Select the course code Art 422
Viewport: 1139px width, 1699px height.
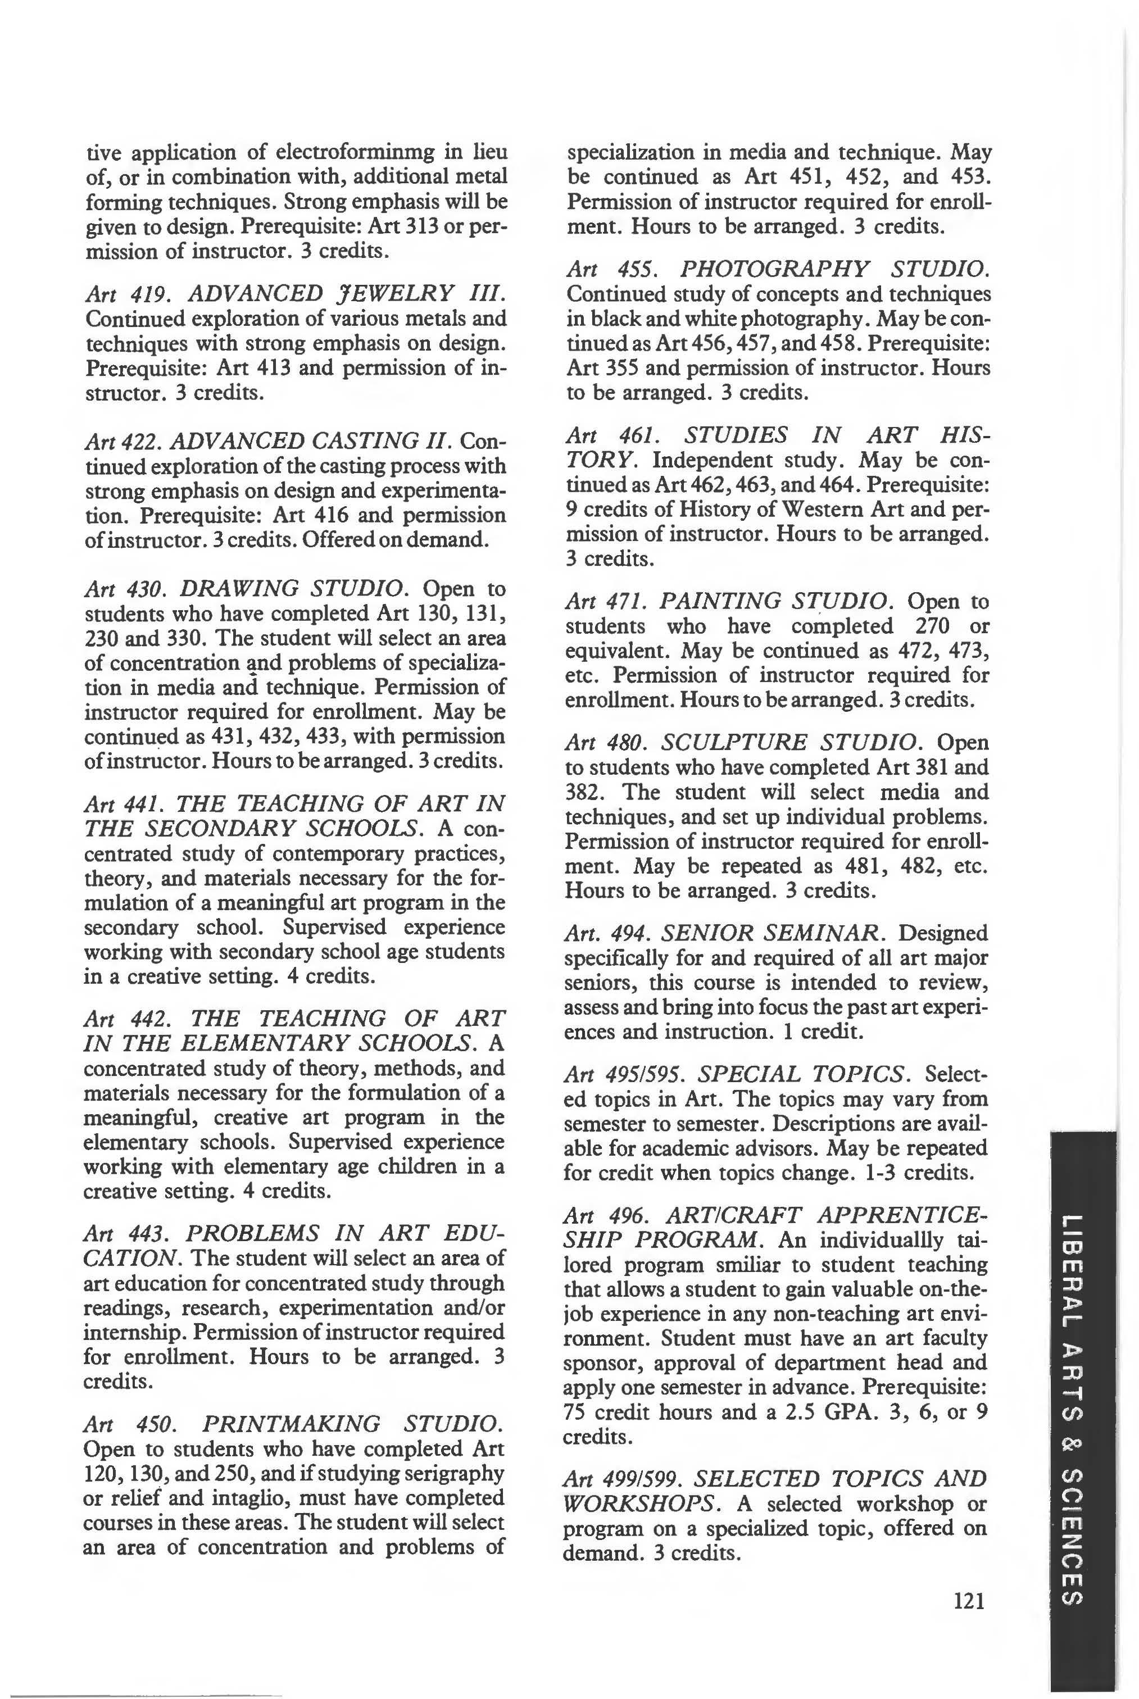point(126,441)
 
